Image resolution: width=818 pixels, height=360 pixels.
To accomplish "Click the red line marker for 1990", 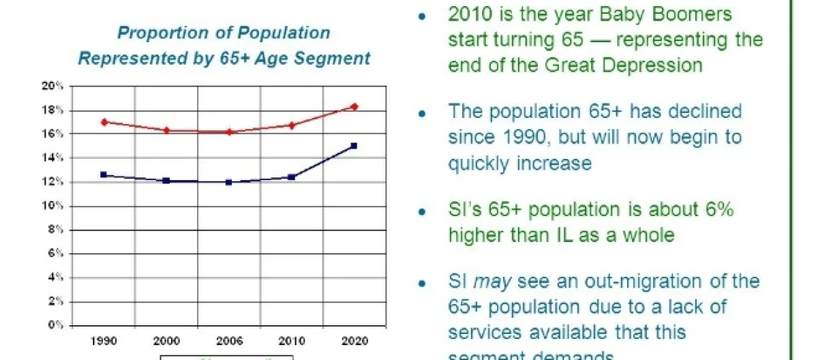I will tap(104, 122).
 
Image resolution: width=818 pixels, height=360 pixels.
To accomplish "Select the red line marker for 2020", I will tap(354, 106).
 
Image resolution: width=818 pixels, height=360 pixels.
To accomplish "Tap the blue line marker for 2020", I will tap(354, 146).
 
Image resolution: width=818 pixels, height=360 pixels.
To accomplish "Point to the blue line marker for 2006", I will tap(228, 182).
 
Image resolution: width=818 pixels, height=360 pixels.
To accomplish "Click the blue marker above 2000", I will tap(166, 181).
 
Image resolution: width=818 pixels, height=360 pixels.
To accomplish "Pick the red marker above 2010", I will tap(292, 125).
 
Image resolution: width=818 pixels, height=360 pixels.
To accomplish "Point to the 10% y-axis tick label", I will tap(55, 206).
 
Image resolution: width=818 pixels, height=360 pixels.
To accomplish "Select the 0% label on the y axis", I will tap(57, 325).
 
